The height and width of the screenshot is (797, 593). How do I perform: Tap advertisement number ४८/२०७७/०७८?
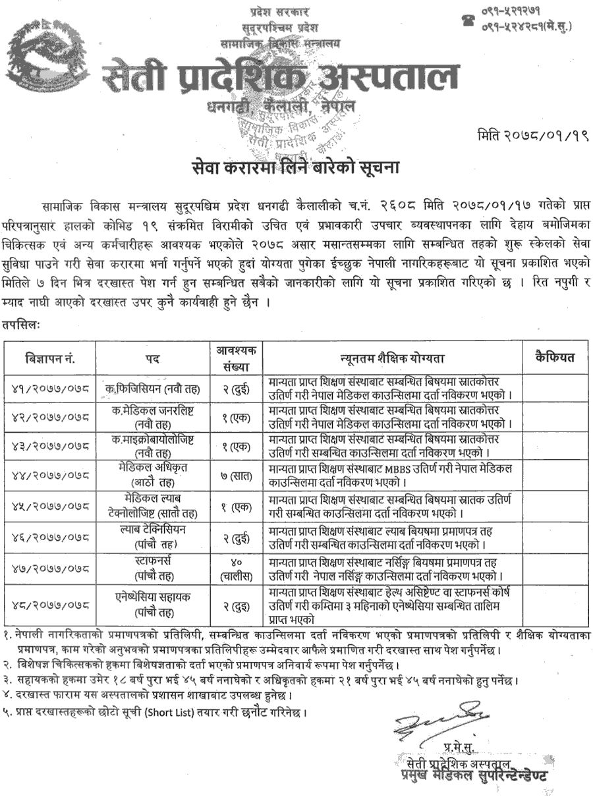(x=51, y=603)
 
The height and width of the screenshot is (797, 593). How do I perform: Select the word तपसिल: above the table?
(x=20, y=325)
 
